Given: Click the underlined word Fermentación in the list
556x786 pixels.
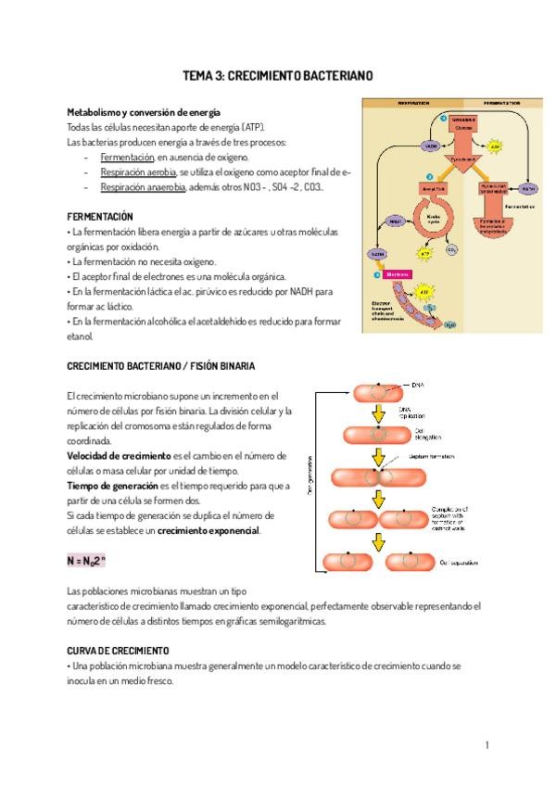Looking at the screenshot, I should click(x=128, y=158).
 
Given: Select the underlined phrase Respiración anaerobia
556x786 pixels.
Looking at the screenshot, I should click(x=144, y=187).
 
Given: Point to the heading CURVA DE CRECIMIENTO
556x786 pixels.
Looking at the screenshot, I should click(x=118, y=651).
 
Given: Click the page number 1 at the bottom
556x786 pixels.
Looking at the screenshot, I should click(x=487, y=744).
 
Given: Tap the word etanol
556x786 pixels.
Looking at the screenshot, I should click(x=82, y=336).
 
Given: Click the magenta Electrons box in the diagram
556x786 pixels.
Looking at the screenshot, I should click(x=398, y=274).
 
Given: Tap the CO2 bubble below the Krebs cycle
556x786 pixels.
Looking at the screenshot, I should click(x=450, y=249).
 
